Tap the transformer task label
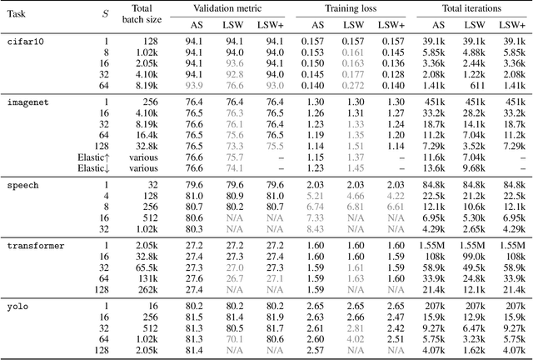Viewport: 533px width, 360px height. coord(33,247)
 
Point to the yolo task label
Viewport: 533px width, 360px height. coord(17,307)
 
